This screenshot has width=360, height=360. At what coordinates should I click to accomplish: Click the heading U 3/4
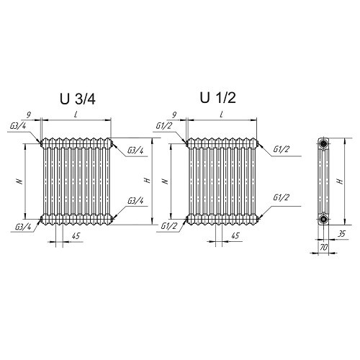pyautogui.click(x=78, y=99)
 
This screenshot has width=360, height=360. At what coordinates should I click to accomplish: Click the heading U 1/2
pyautogui.click(x=218, y=98)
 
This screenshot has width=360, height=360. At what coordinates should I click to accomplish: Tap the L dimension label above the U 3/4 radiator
pyautogui.click(x=76, y=114)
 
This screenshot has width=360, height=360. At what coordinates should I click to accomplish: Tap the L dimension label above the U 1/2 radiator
pyautogui.click(x=222, y=114)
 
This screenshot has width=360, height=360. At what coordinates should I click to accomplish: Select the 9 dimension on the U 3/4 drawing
pyautogui.click(x=29, y=115)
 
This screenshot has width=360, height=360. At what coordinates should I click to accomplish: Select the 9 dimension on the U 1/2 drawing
pyautogui.click(x=174, y=115)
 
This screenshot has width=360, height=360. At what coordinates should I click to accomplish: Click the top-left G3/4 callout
pyautogui.click(x=18, y=126)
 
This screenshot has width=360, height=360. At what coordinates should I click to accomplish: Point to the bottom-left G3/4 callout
pyautogui.click(x=23, y=227)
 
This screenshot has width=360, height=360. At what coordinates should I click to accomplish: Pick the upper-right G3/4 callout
pyautogui.click(x=135, y=150)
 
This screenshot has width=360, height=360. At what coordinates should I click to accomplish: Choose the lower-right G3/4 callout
pyautogui.click(x=135, y=201)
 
